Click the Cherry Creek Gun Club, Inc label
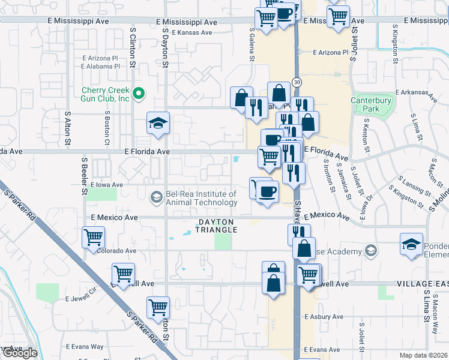[x=106, y=94]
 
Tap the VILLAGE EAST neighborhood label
[x=422, y=283]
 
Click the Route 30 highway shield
[x=297, y=81]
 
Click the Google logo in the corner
[x=19, y=353]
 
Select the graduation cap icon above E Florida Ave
[x=158, y=124]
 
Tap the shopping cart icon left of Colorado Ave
[x=94, y=237]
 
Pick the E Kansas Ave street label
[x=191, y=33]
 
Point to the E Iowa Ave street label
[x=107, y=185]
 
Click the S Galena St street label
[x=252, y=43]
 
